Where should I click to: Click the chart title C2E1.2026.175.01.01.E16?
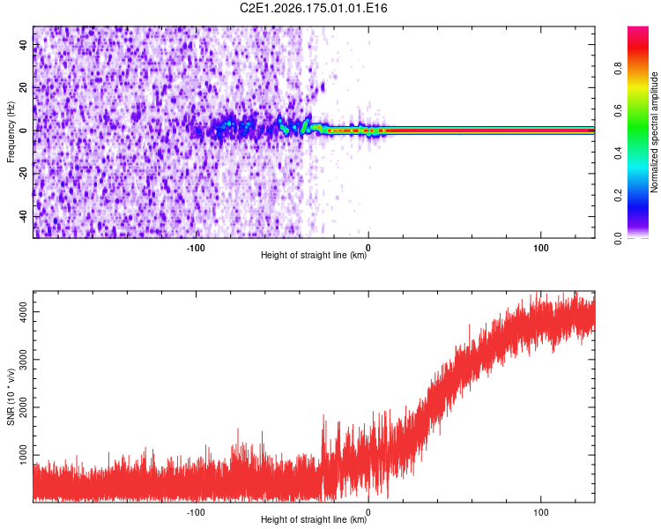point(313,8)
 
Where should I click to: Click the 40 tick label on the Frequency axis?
point(23,44)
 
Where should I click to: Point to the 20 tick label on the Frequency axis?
point(23,87)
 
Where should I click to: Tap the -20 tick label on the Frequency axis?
point(23,173)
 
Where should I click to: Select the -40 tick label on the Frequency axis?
point(23,216)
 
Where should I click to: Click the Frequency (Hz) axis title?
point(11,132)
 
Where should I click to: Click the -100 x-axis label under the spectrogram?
point(196,248)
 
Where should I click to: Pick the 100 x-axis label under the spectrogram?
point(541,248)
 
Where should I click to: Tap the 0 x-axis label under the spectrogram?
point(368,248)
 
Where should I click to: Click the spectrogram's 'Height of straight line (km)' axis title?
point(314,255)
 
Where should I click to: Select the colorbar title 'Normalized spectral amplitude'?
point(654,132)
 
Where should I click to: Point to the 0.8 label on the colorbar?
point(618,69)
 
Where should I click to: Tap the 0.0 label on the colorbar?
point(618,238)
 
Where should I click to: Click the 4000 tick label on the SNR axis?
point(23,312)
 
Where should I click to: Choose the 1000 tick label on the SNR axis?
point(23,455)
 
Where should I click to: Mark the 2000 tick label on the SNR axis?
point(23,407)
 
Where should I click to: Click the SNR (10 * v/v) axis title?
point(11,397)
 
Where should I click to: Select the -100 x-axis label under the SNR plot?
point(196,512)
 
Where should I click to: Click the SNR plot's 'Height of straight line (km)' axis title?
point(314,519)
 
